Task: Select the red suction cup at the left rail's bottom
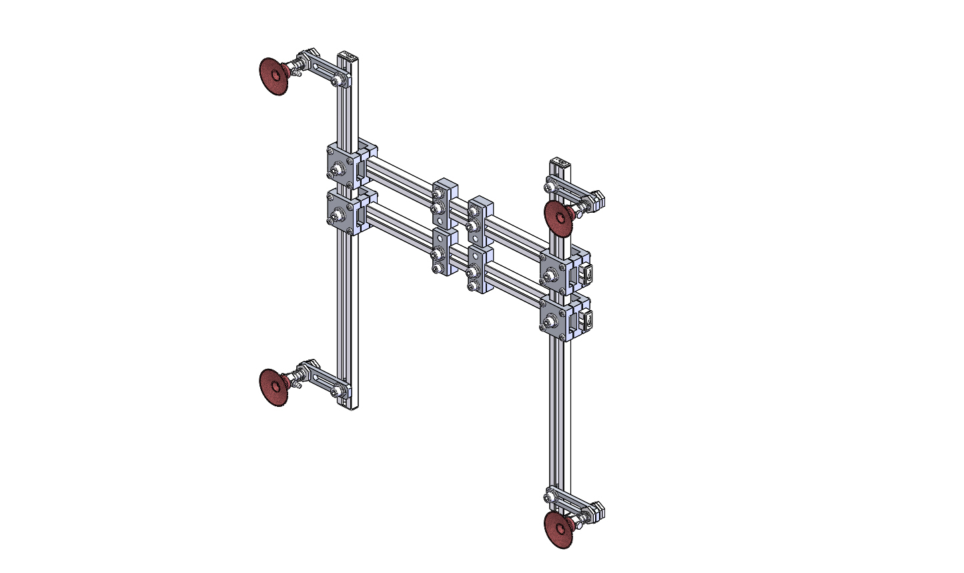pyautogui.click(x=272, y=386)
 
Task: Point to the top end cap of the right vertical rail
pyautogui.click(x=559, y=161)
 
